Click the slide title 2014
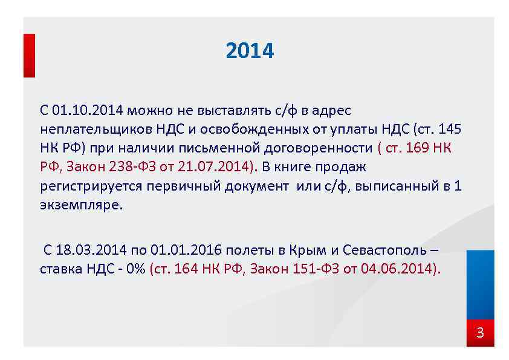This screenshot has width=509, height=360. (250, 51)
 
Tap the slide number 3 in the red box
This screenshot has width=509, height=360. (480, 333)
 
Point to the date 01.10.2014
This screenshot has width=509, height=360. (88, 110)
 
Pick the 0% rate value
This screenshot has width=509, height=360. (134, 269)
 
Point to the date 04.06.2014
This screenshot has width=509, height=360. (397, 269)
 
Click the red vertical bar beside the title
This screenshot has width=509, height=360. (29, 55)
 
